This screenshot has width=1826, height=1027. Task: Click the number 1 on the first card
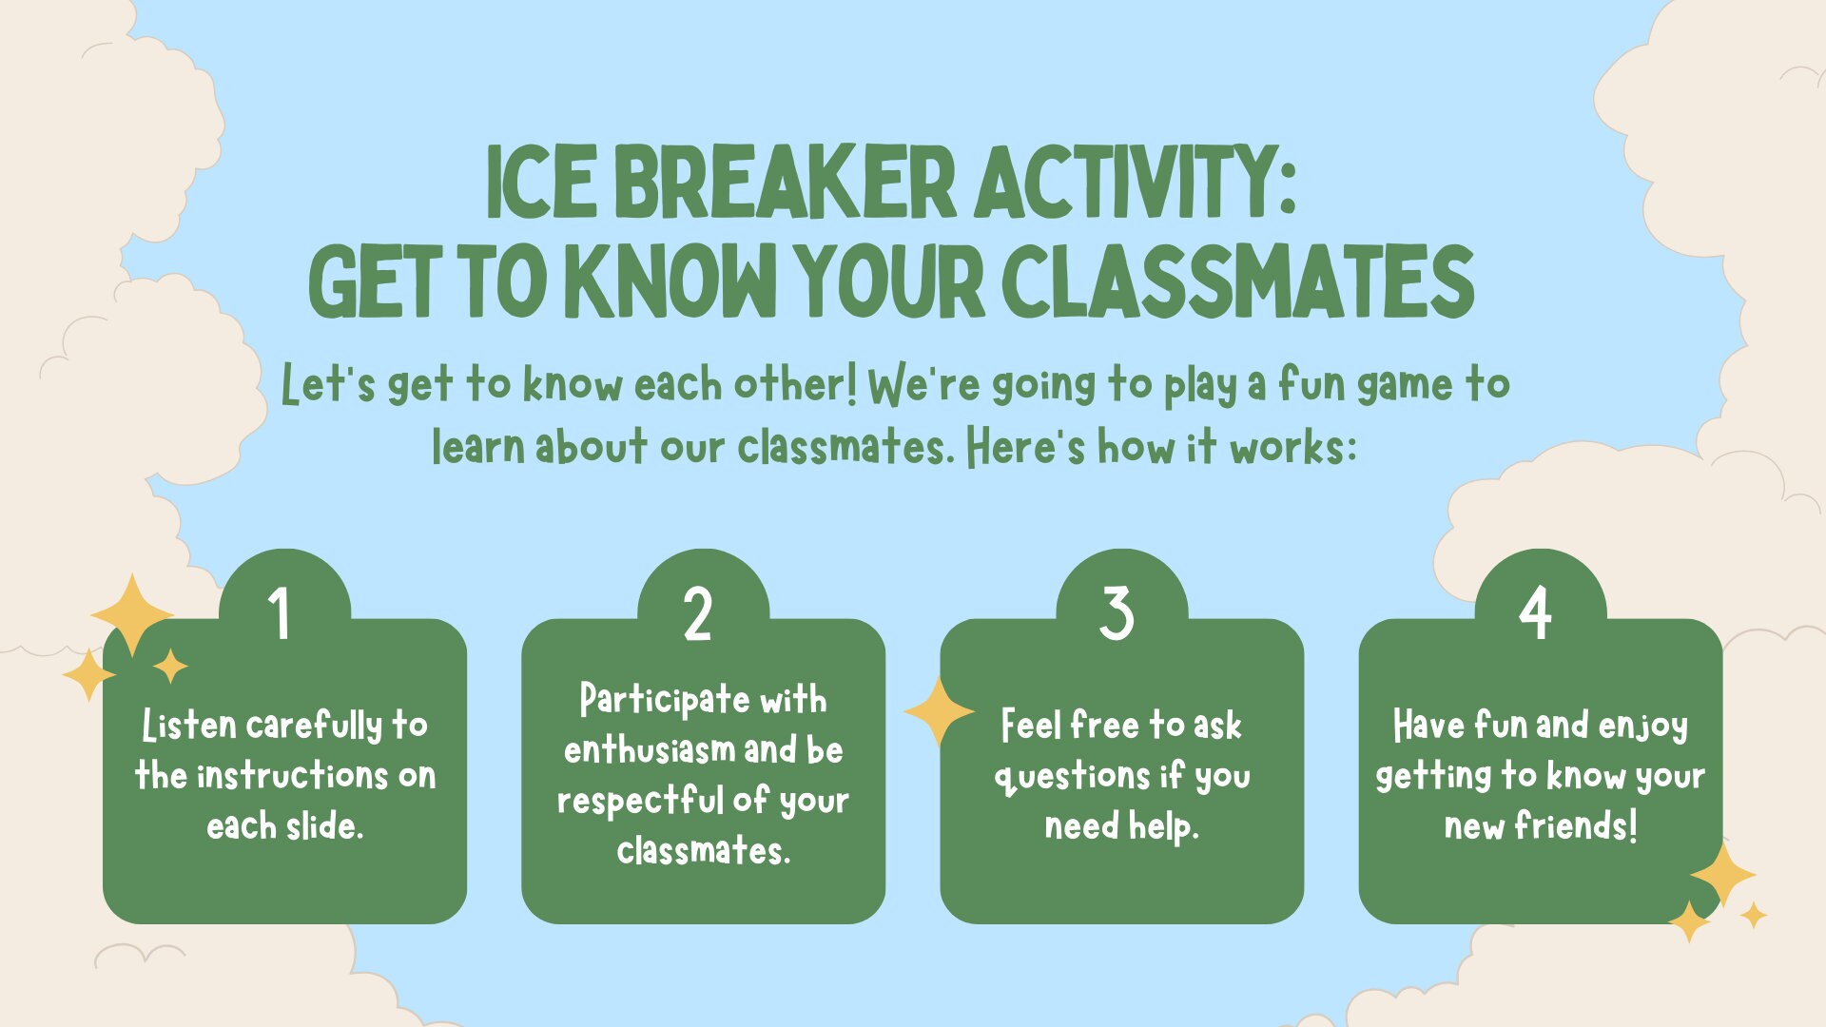279,613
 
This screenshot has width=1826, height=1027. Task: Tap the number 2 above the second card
698,613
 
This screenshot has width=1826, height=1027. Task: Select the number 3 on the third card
1117,613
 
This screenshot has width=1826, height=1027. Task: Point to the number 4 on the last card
1535,613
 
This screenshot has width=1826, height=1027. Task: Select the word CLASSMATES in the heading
1237,281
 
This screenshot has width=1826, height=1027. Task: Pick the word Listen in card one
188,726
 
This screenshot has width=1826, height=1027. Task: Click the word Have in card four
1428,726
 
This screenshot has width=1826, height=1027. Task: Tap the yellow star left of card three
939,711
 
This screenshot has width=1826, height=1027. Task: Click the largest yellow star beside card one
132,614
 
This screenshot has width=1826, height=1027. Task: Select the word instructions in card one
292,776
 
